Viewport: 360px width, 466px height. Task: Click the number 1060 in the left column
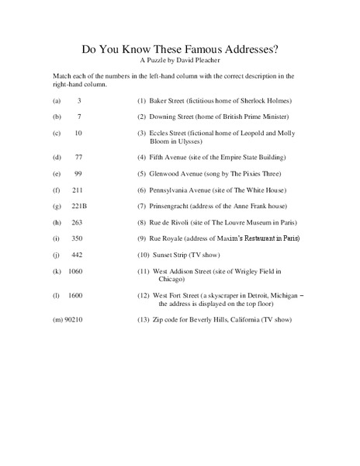(75, 271)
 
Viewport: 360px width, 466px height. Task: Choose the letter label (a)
(57, 102)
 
